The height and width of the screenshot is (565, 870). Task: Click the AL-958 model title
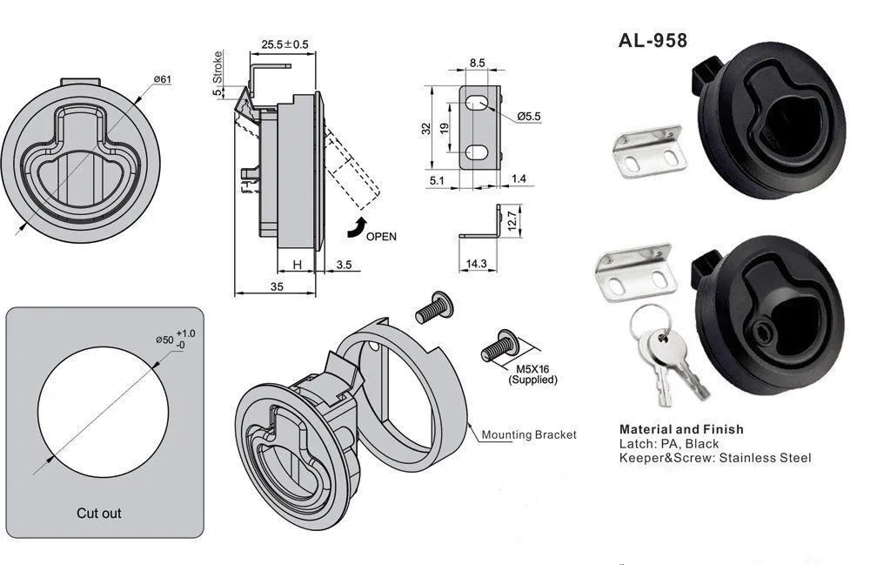652,40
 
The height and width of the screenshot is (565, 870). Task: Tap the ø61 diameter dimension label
162,79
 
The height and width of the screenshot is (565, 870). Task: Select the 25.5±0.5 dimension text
284,44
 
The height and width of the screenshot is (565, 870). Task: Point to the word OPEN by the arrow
381,236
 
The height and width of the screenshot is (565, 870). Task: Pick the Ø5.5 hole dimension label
529,116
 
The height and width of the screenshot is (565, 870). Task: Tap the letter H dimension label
297,264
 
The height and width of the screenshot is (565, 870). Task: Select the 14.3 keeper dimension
476,263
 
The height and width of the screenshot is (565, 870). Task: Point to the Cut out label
99,513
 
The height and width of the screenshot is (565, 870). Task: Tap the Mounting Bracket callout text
529,434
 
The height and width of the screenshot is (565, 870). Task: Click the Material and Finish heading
681,428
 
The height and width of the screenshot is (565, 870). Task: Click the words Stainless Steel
766,458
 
